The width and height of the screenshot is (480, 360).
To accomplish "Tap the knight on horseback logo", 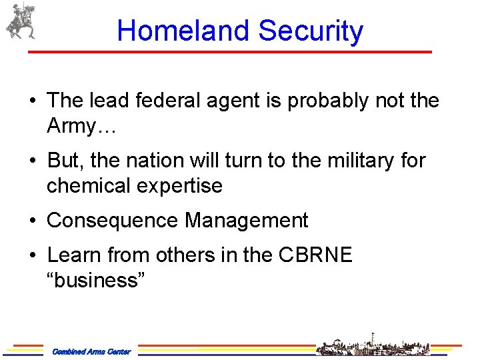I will coord(21,21).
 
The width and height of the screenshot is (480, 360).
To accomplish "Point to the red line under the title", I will coord(231,52).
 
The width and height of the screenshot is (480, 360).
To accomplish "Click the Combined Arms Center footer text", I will coord(91,351).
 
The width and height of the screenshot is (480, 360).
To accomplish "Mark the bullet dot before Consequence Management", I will coord(33,221).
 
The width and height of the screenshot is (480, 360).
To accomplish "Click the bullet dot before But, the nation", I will coord(33,161).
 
